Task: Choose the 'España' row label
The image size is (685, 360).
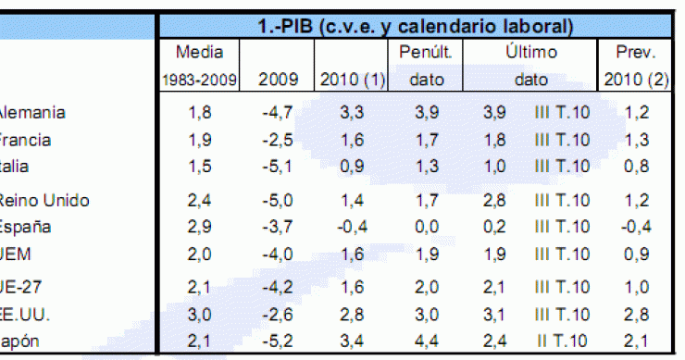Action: [x=27, y=227]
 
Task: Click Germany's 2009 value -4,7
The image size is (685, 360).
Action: [x=276, y=114]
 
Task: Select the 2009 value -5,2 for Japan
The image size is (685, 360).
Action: [x=276, y=341]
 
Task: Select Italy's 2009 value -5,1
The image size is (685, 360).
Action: [x=276, y=168]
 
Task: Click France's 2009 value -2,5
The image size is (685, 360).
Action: [x=276, y=141]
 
